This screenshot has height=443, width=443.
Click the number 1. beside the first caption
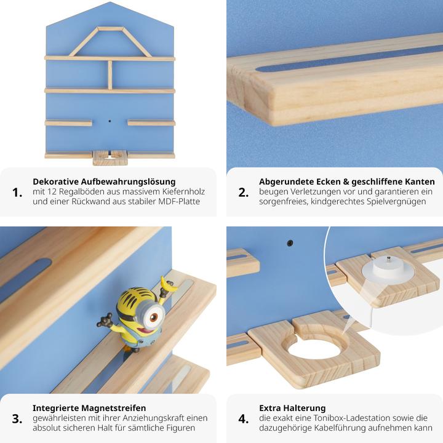(18, 193)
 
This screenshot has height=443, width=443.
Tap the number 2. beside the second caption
(244, 193)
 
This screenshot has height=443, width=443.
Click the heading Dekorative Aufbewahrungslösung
(104, 182)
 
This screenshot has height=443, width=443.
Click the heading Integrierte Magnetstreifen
(89, 408)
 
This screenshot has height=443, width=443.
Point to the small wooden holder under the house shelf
(110, 158)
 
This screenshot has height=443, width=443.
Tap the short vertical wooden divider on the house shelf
(110, 74)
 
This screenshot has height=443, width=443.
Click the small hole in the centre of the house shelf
(110, 122)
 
